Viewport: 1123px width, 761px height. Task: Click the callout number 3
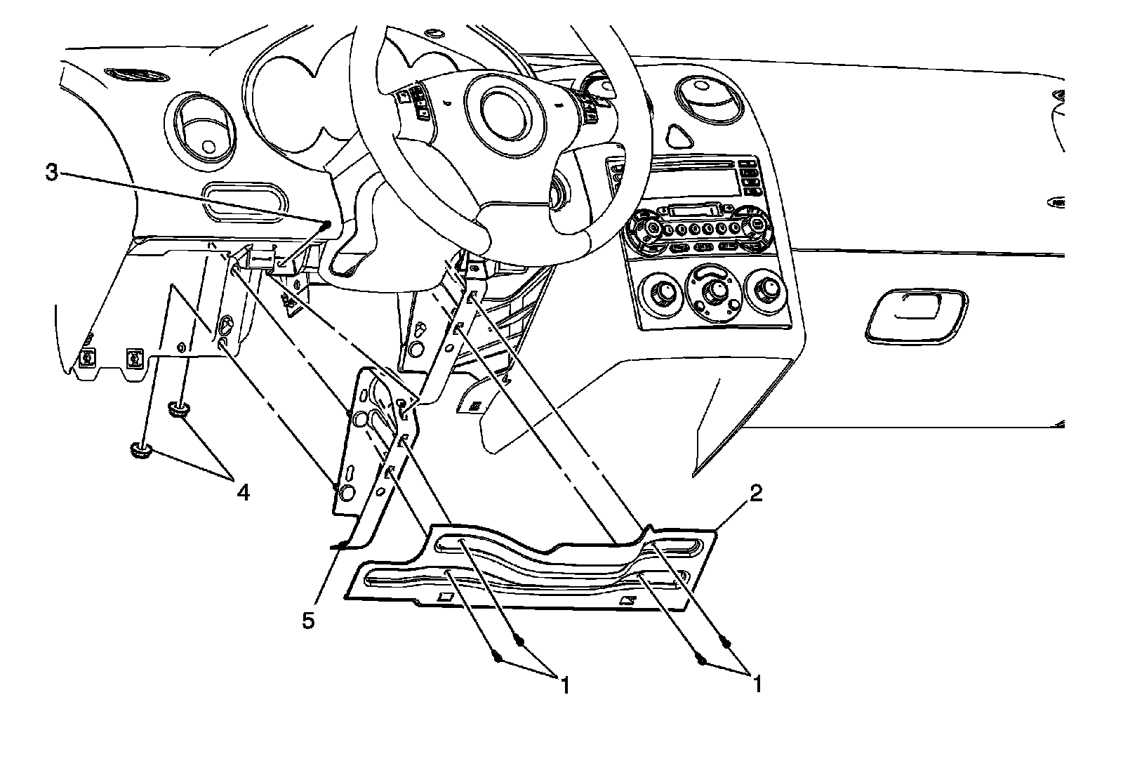pos(51,173)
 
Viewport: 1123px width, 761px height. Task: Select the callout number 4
pos(242,494)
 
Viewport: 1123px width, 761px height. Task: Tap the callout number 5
pos(308,621)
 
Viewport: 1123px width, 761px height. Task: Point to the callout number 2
pos(755,494)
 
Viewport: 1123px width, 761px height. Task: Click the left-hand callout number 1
pos(563,684)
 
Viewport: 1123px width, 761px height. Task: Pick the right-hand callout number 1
pos(757,684)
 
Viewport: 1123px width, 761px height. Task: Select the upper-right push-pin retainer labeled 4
pos(178,409)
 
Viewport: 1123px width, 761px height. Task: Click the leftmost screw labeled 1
pos(497,659)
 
